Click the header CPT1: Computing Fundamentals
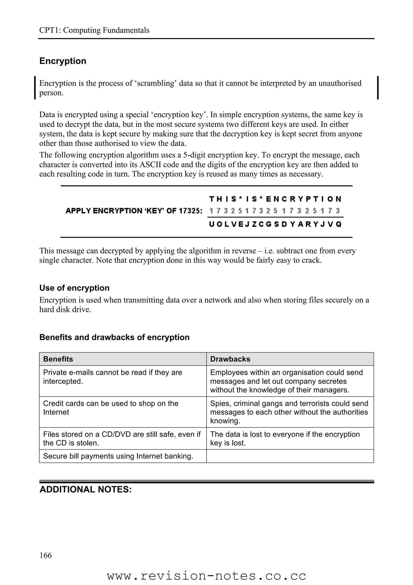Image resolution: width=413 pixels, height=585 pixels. point(94,30)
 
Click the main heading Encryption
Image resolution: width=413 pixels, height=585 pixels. point(63,61)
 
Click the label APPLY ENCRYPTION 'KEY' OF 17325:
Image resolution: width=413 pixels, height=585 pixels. point(134,211)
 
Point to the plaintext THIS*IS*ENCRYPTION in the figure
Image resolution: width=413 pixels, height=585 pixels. point(275,199)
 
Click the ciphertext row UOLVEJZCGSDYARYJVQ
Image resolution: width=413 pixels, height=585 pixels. point(275,224)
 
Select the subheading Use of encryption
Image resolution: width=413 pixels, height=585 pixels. point(74,288)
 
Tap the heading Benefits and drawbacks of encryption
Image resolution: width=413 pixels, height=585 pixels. point(114,337)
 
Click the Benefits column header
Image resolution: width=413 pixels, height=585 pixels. point(58,359)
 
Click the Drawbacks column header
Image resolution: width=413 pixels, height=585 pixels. point(230,359)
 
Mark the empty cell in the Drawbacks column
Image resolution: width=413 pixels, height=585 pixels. point(290,456)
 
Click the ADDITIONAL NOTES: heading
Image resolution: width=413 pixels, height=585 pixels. point(86,490)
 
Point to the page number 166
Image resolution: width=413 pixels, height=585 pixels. point(46,555)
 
